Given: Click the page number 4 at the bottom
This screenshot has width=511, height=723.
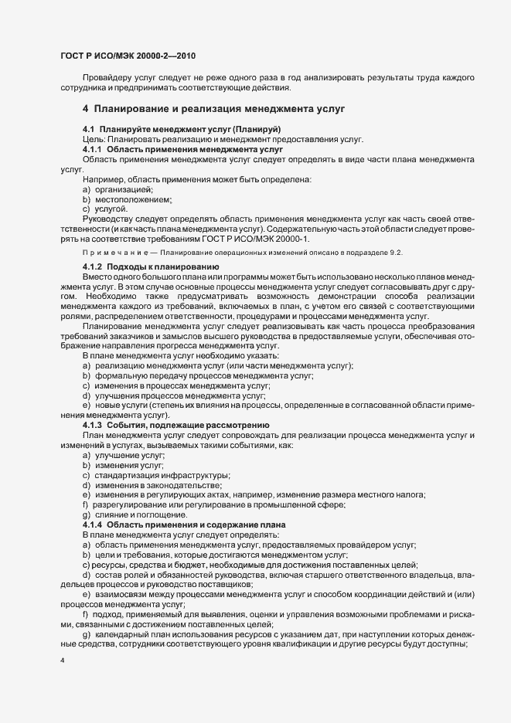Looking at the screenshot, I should click(x=62, y=660).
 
